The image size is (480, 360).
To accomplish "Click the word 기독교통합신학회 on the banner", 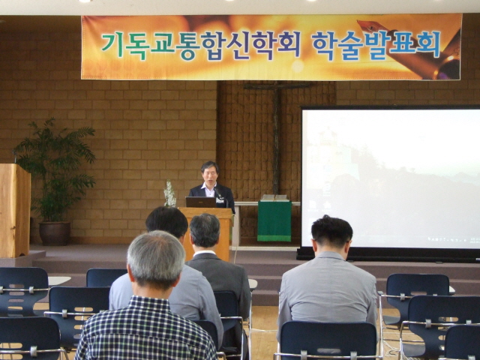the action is tap(201, 46).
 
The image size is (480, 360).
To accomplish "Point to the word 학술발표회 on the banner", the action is tap(376, 45).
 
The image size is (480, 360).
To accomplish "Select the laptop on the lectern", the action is tap(201, 202).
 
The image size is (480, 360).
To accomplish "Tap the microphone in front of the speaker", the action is tap(219, 193).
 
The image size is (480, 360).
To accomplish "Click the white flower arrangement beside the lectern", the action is tap(170, 193).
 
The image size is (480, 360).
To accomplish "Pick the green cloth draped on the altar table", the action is tap(274, 221).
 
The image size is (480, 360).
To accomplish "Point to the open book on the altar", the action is tap(274, 197).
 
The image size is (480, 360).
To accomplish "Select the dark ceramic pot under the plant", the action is tap(55, 233).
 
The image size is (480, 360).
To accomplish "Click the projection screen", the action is tap(391, 179).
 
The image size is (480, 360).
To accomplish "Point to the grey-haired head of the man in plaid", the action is tap(156, 260).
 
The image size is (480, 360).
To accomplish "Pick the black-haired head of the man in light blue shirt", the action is tap(167, 222).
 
